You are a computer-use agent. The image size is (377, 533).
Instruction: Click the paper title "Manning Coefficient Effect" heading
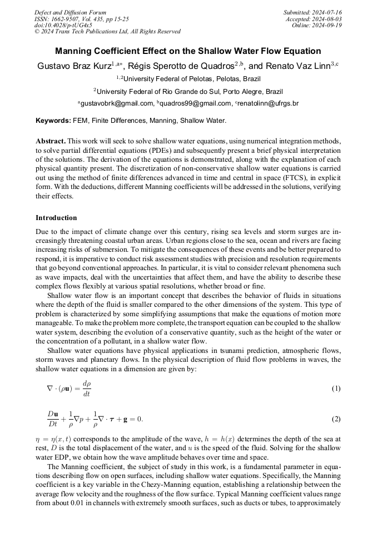point(188,51)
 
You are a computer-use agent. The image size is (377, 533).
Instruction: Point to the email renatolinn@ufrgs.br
point(269,103)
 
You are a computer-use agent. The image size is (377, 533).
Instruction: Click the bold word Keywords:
point(53,120)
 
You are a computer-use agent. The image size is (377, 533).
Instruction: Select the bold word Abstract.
point(51,141)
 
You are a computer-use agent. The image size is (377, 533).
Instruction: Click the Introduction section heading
point(56,218)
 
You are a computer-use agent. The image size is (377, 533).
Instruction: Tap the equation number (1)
point(336,388)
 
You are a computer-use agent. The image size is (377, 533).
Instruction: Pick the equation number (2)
point(336,419)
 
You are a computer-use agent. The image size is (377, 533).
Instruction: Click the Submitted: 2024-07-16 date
point(312,12)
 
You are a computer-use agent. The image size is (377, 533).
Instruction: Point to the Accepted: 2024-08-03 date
point(314,19)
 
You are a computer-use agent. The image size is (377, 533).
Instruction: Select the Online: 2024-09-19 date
point(316,26)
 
